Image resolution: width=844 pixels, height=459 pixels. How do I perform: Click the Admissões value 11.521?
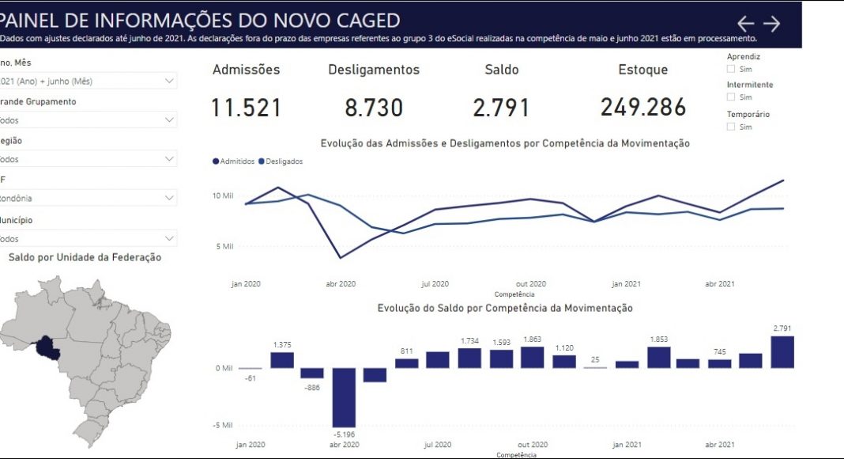246,108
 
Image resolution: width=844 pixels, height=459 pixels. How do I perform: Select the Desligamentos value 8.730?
374,108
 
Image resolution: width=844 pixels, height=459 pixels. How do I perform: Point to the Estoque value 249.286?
642,108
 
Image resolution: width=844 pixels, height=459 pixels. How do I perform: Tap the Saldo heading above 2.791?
501,70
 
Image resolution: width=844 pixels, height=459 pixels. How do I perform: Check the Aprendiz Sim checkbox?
731,70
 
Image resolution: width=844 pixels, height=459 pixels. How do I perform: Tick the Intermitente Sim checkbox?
731,97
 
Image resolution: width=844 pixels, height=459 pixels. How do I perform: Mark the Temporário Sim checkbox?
731,127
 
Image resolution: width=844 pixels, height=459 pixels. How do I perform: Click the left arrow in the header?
745,24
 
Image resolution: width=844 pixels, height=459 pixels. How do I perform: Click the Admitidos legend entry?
234,161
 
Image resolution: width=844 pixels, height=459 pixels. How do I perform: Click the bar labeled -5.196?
344,397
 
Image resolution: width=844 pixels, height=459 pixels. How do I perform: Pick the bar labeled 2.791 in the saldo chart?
782,352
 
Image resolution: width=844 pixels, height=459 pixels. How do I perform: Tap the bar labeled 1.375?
282,360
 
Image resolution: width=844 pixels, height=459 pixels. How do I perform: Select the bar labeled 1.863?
532,358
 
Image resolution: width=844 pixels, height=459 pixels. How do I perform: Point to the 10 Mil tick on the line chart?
222,195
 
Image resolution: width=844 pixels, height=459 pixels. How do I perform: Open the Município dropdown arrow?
169,238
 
